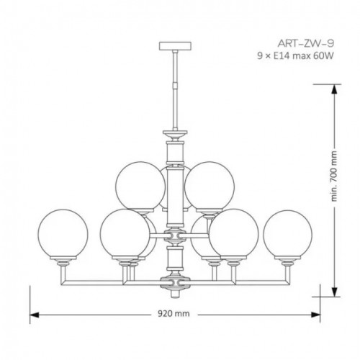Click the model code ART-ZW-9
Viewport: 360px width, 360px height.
click(x=306, y=43)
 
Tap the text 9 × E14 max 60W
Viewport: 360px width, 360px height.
click(x=295, y=56)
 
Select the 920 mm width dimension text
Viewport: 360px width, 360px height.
click(x=174, y=313)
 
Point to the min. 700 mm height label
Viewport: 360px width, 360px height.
click(x=335, y=176)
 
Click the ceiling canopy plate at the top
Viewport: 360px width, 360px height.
click(x=176, y=46)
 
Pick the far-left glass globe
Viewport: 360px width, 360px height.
click(x=63, y=234)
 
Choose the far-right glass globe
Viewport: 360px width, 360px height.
click(x=288, y=234)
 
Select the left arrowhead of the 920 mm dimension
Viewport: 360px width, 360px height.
click(x=34, y=315)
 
